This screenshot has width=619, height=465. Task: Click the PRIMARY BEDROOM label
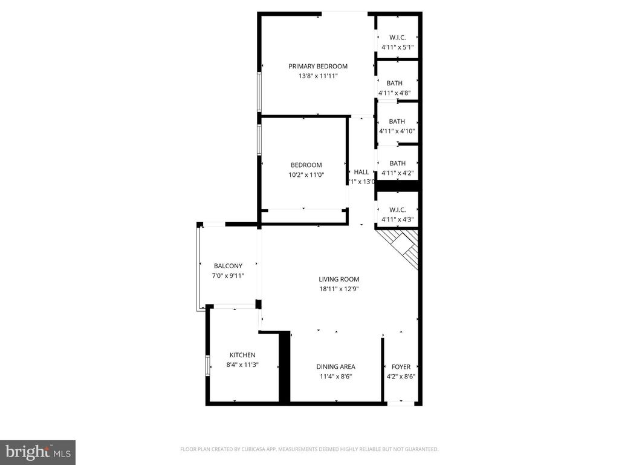(x=318, y=67)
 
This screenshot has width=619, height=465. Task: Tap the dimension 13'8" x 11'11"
(x=318, y=76)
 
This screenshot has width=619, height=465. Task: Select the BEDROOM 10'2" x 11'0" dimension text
(x=306, y=175)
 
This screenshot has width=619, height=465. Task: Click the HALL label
(x=361, y=172)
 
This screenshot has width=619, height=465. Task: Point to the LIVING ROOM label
(x=339, y=279)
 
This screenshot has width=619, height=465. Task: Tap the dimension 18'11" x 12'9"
(x=339, y=289)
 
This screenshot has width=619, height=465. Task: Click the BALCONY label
(x=228, y=266)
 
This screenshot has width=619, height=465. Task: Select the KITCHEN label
(x=242, y=355)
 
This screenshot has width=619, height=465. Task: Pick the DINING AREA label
(x=335, y=366)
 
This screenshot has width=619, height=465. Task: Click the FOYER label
(x=401, y=366)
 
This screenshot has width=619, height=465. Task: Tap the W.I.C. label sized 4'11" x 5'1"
(x=397, y=38)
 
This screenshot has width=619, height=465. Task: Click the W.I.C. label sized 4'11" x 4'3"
(x=397, y=209)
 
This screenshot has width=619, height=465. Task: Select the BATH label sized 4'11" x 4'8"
(x=395, y=83)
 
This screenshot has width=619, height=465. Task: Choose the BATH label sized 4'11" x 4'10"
(x=397, y=121)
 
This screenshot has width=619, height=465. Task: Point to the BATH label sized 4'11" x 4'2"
(x=397, y=163)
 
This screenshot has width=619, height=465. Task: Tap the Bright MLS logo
(x=37, y=452)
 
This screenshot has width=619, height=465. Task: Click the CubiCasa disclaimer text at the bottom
(x=309, y=449)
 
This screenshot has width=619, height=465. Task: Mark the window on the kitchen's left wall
(x=207, y=365)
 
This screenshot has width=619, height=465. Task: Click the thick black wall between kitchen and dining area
(x=284, y=367)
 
